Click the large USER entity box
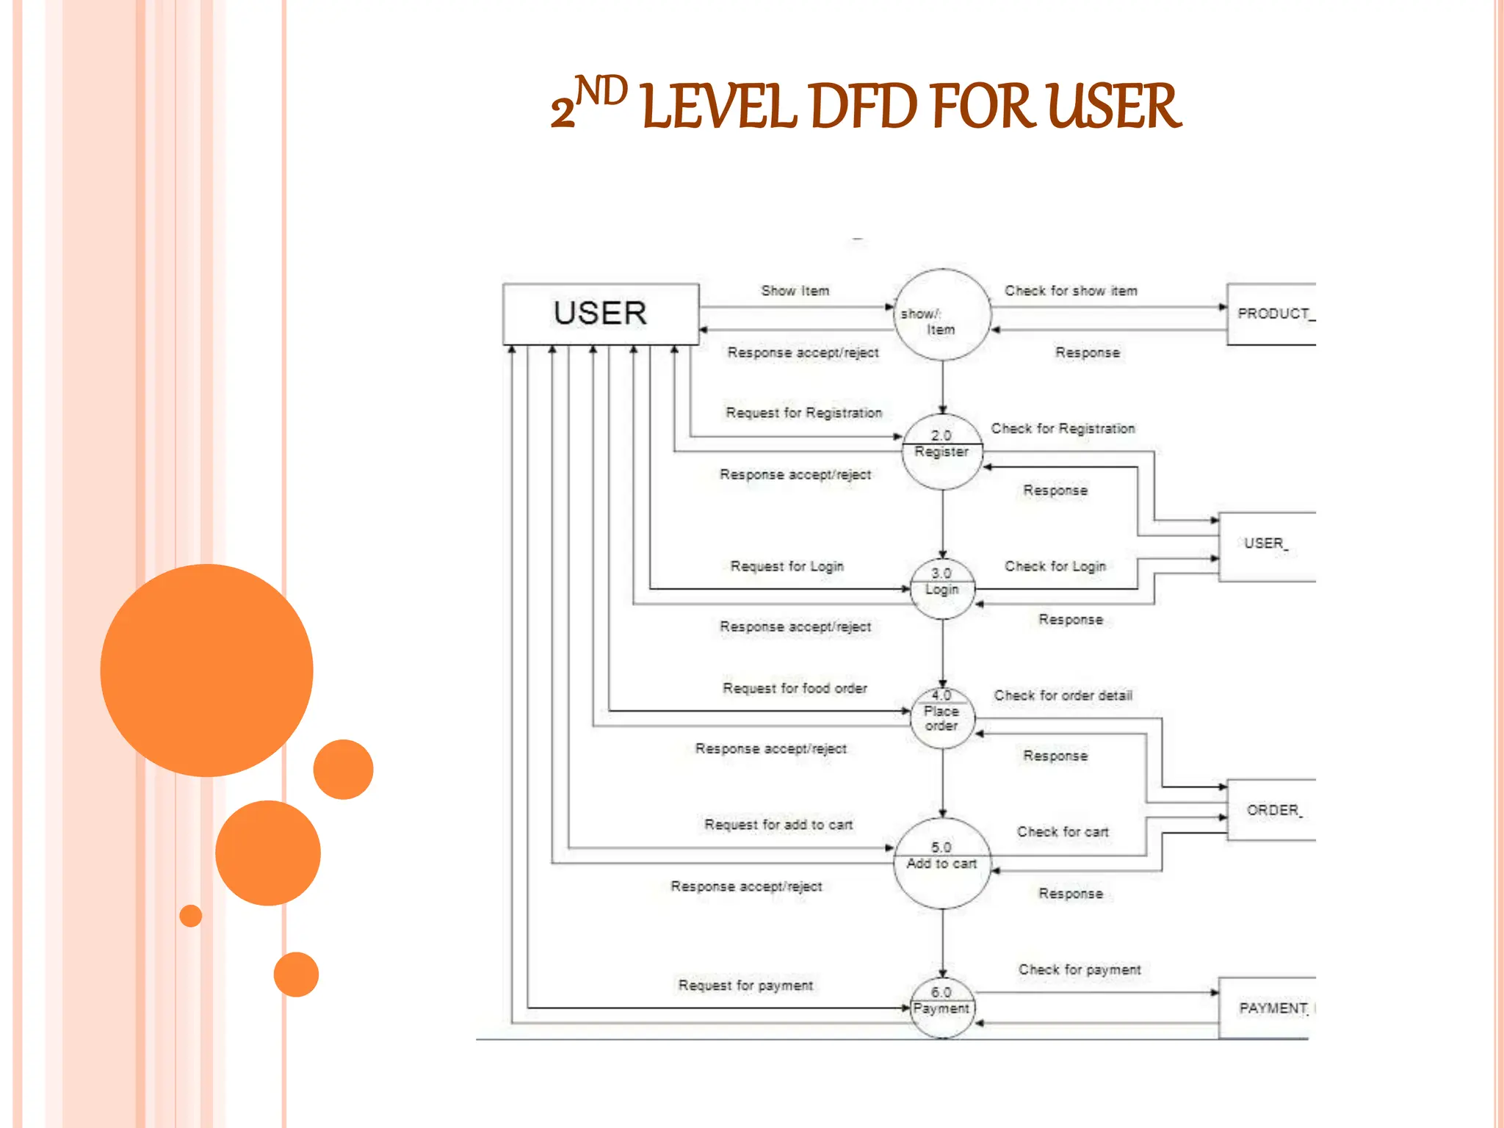click(600, 314)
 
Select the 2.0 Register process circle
click(942, 451)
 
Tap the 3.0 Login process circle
click(942, 588)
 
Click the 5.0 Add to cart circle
click(942, 864)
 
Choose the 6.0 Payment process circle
click(942, 1008)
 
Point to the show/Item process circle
click(942, 314)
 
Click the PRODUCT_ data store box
click(1271, 314)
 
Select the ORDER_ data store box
click(1271, 810)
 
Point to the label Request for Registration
click(803, 413)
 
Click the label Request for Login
click(787, 566)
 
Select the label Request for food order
click(795, 688)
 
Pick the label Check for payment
click(1079, 969)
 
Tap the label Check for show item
click(1071, 291)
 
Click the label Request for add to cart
click(778, 825)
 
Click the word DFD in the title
click(863, 107)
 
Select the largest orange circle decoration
click(206, 670)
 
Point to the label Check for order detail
click(1063, 695)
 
